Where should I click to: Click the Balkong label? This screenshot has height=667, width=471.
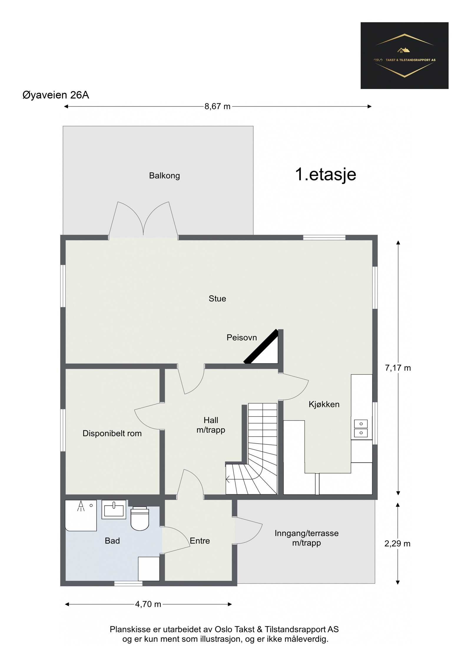tap(164, 176)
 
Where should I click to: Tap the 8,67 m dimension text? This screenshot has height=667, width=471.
tap(217, 106)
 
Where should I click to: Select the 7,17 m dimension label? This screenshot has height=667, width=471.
tap(398, 368)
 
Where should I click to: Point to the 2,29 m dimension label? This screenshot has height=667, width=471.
tap(397, 544)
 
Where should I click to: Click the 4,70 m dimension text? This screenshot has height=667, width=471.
tap(148, 604)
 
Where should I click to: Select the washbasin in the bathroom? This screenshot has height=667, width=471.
tap(114, 509)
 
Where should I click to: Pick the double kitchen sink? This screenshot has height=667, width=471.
tap(361, 428)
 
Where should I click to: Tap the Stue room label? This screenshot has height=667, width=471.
tap(217, 299)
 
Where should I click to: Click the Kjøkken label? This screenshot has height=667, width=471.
tap(324, 404)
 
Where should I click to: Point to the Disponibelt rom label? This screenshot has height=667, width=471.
tap(112, 433)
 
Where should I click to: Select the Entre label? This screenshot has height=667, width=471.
tap(200, 541)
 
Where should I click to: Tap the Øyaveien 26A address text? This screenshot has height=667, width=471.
tap(56, 95)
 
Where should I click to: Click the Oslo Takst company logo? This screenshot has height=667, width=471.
tap(404, 55)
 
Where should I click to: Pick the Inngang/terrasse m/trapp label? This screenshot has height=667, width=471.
tap(306, 538)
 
